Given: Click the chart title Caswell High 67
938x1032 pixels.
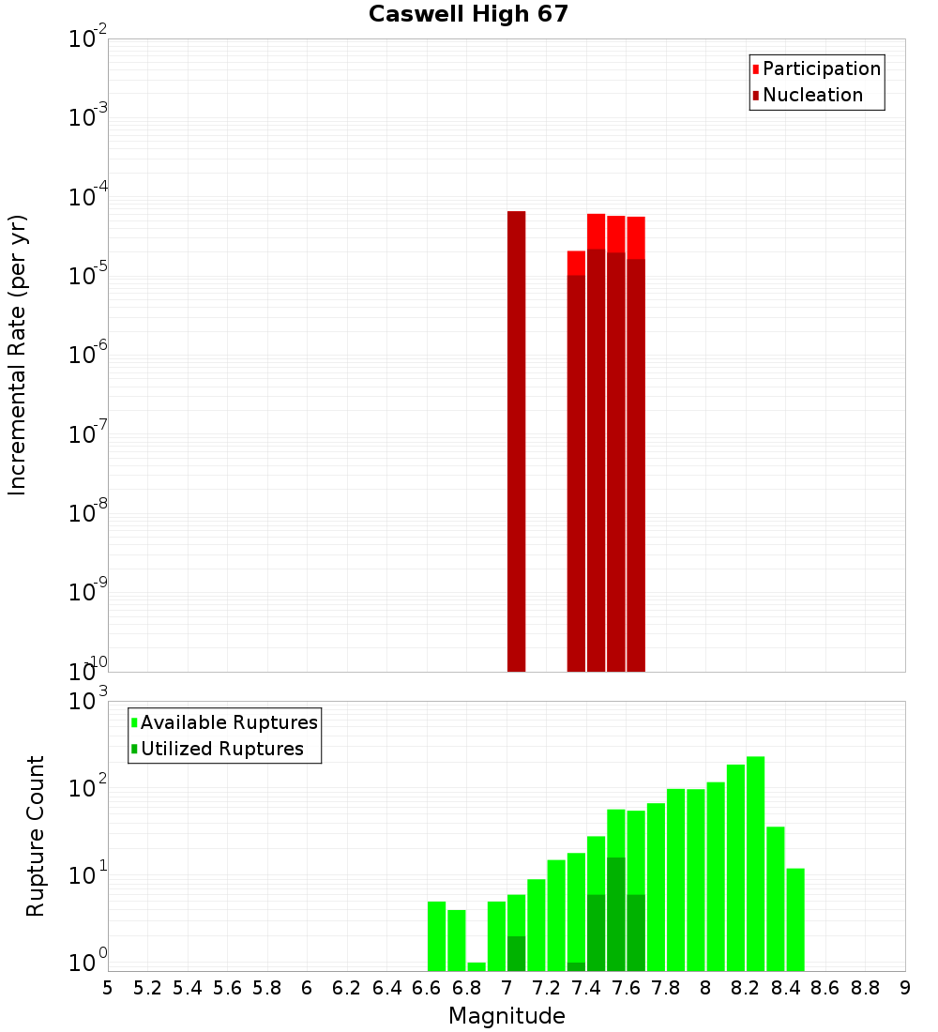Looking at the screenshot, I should [x=468, y=14].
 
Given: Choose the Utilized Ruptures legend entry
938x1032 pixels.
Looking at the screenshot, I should [x=220, y=749].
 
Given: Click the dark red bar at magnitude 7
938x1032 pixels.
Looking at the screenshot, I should [x=516, y=441].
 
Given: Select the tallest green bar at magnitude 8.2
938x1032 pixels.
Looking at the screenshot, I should [x=755, y=863].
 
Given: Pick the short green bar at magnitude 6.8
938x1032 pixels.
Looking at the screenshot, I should [x=477, y=966].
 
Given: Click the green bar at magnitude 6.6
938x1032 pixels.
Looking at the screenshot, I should [x=436, y=935].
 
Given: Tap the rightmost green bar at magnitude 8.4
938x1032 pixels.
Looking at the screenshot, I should [x=795, y=919].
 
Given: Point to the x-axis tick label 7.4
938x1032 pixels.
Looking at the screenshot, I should [x=586, y=988].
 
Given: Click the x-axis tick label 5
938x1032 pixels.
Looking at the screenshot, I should [x=108, y=988].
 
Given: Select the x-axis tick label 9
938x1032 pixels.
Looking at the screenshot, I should [x=905, y=988].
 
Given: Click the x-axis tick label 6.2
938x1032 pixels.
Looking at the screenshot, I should [x=347, y=988].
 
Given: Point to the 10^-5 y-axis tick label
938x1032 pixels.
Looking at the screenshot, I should [x=87, y=276].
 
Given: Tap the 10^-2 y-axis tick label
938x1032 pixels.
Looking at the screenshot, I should [x=87, y=39].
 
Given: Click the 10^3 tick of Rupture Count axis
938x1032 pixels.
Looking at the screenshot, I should [x=87, y=702].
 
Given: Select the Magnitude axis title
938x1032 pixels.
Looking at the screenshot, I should [x=507, y=1016].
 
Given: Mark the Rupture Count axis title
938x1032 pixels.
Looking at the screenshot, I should [x=36, y=835].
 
